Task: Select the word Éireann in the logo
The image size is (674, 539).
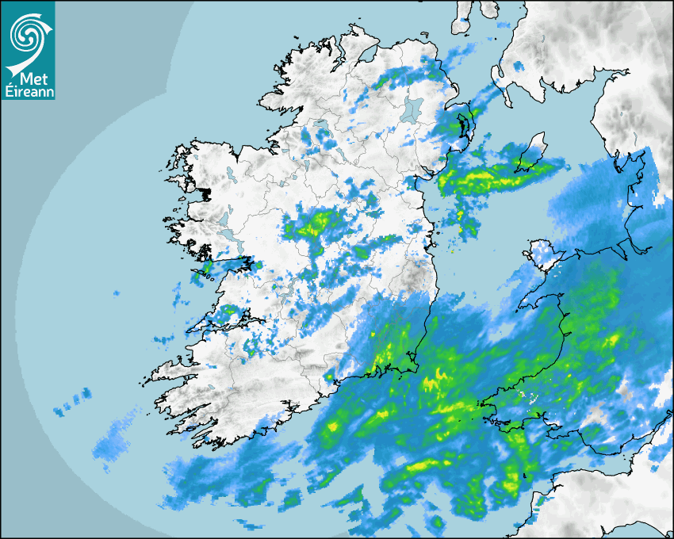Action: tap(27, 91)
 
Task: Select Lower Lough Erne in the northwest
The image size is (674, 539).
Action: tap(321, 127)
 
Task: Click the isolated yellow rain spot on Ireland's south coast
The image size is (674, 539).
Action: tap(329, 377)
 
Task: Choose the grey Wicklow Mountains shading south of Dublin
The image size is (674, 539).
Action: tap(416, 281)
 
